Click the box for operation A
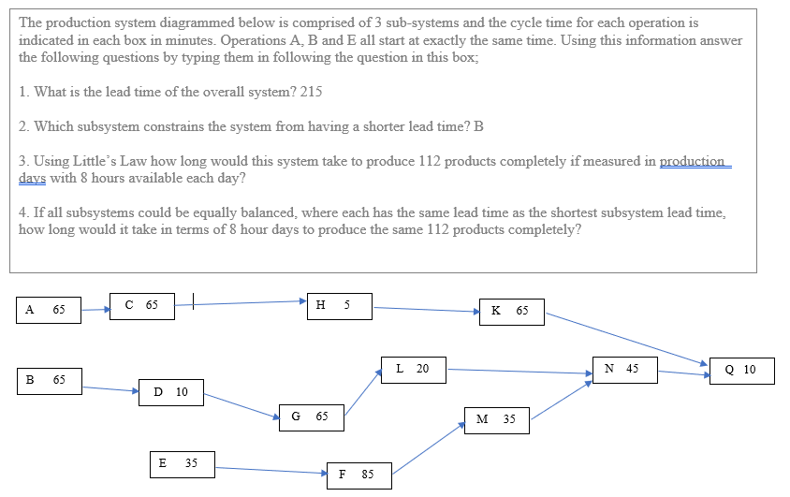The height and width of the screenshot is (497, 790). click(x=48, y=310)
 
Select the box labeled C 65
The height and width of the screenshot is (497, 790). click(x=141, y=305)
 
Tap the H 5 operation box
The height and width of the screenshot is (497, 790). click(x=338, y=305)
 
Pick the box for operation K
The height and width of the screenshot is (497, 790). click(x=511, y=312)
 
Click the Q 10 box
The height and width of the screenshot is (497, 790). click(x=742, y=371)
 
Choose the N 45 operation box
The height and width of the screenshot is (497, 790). click(x=624, y=369)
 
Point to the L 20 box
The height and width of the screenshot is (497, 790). click(x=413, y=369)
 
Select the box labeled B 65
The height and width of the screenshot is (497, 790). click(x=48, y=381)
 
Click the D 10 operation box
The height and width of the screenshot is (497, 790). click(x=171, y=392)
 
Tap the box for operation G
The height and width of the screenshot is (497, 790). click(x=311, y=417)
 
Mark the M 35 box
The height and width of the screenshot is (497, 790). click(x=497, y=420)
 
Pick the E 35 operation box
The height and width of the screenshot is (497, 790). click(x=182, y=463)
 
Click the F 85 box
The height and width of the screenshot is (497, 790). click(x=358, y=475)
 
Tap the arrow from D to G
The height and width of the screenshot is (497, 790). click(x=241, y=405)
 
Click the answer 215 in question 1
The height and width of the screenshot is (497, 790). click(x=311, y=92)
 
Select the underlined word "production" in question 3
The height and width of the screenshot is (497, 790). click(x=694, y=161)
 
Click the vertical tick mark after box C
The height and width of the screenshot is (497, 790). click(x=193, y=302)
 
